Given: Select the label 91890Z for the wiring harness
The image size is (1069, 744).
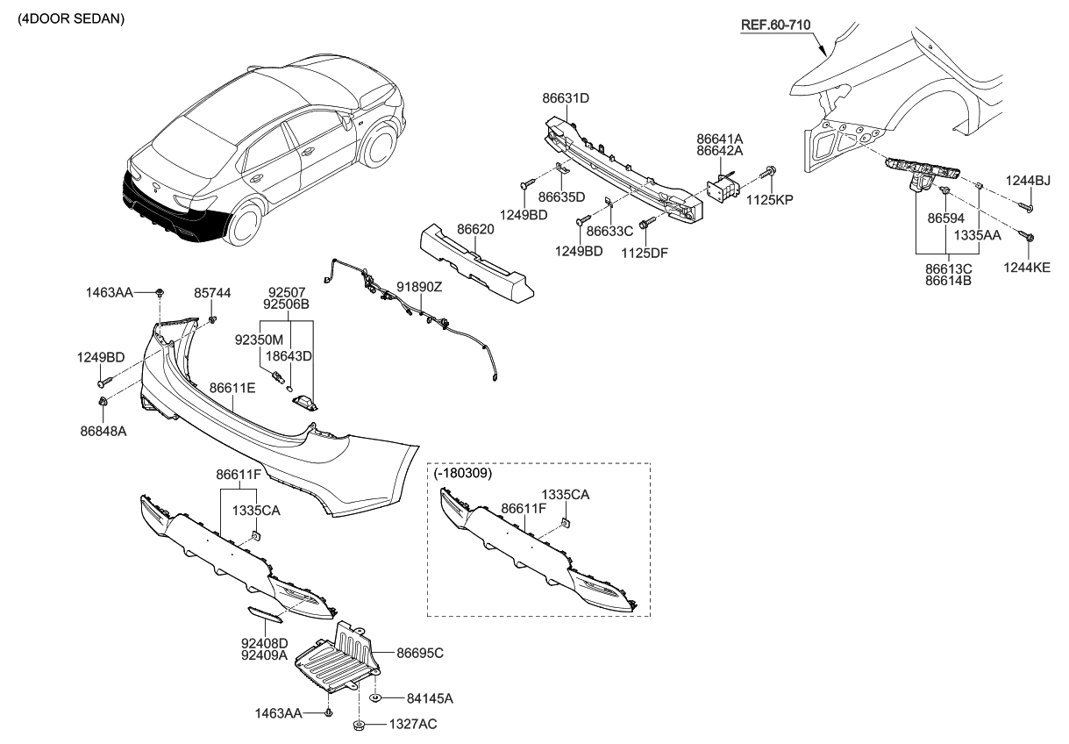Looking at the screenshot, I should (x=419, y=287).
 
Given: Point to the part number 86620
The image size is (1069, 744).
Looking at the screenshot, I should (x=475, y=229).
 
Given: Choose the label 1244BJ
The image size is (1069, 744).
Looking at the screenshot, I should (x=1028, y=181).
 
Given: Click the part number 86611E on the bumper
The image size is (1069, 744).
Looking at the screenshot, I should (x=232, y=387).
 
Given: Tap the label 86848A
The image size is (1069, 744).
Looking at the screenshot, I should (x=103, y=432).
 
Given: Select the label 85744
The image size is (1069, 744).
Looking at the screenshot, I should (x=213, y=292).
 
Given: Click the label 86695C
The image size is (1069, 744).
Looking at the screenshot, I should (x=420, y=653).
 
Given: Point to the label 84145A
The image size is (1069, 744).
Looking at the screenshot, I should (x=430, y=698).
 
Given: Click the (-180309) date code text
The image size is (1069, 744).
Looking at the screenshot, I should (x=463, y=473).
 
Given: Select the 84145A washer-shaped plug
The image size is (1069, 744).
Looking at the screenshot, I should (x=374, y=698).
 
